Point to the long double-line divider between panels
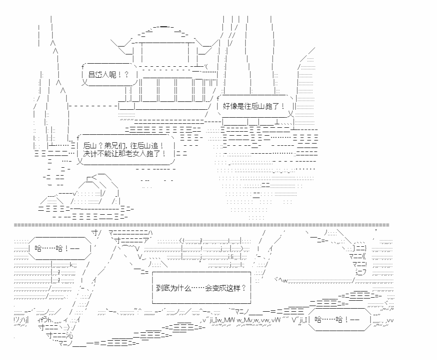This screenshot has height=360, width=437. pyautogui.click(x=201, y=225)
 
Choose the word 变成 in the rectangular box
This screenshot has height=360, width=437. pyautogui.click(x=219, y=288)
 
